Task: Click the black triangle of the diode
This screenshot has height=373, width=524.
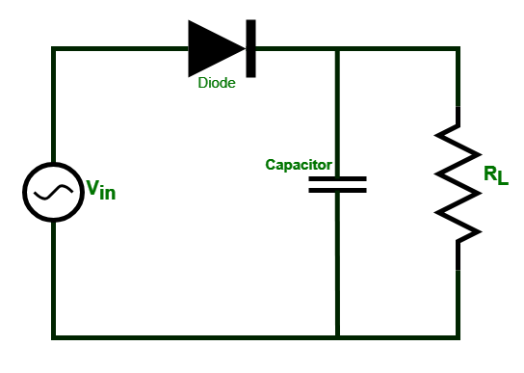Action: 212,47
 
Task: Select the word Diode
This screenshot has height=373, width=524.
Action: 217,84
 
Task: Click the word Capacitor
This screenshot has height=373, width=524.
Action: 299,165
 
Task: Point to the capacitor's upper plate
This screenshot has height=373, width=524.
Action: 337,178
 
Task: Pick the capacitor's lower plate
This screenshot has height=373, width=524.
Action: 337,190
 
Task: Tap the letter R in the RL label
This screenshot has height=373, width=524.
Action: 490,173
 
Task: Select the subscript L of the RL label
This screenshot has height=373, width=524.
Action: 502,180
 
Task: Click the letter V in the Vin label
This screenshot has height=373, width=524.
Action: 93,187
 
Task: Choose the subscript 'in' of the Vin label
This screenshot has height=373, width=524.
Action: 108,193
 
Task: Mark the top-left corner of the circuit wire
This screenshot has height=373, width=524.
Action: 54,48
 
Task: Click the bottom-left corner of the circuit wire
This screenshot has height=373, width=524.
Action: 54,336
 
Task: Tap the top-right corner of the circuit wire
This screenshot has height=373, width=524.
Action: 458,48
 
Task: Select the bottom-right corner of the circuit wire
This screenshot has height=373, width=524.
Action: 458,336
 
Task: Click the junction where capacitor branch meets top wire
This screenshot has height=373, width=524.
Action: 337,48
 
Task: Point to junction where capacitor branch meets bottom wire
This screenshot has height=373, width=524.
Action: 337,336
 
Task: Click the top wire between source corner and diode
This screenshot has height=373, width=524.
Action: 120,48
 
